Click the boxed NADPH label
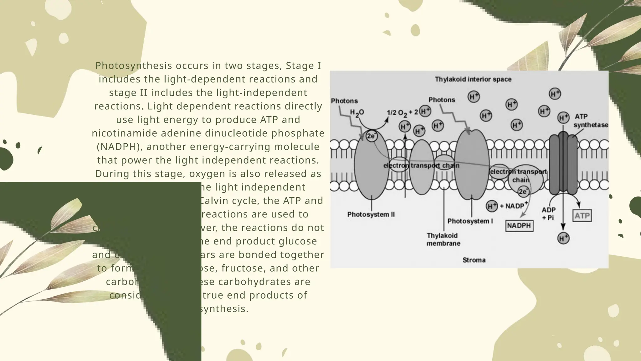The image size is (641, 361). (x=519, y=226)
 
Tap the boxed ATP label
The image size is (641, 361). (x=582, y=216)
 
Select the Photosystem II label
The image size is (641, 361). (x=371, y=215)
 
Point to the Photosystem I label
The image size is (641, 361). (x=470, y=221)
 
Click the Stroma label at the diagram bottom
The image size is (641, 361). (x=474, y=260)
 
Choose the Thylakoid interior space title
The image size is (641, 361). (x=473, y=79)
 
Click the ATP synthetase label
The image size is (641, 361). (x=590, y=121)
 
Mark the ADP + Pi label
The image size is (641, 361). (x=549, y=213)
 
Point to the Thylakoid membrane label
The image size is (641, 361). (x=443, y=239)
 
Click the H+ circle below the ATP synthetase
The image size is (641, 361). (x=563, y=238)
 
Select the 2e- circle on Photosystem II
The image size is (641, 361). (x=372, y=136)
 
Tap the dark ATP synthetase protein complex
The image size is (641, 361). (x=563, y=163)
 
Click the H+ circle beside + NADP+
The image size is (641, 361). (x=492, y=206)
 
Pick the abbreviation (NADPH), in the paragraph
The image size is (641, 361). (x=120, y=147)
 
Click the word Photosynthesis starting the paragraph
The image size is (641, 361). (x=134, y=66)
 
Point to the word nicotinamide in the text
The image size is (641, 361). (x=124, y=133)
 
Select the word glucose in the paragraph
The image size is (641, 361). (x=297, y=241)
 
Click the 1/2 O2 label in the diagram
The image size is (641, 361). (x=397, y=113)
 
